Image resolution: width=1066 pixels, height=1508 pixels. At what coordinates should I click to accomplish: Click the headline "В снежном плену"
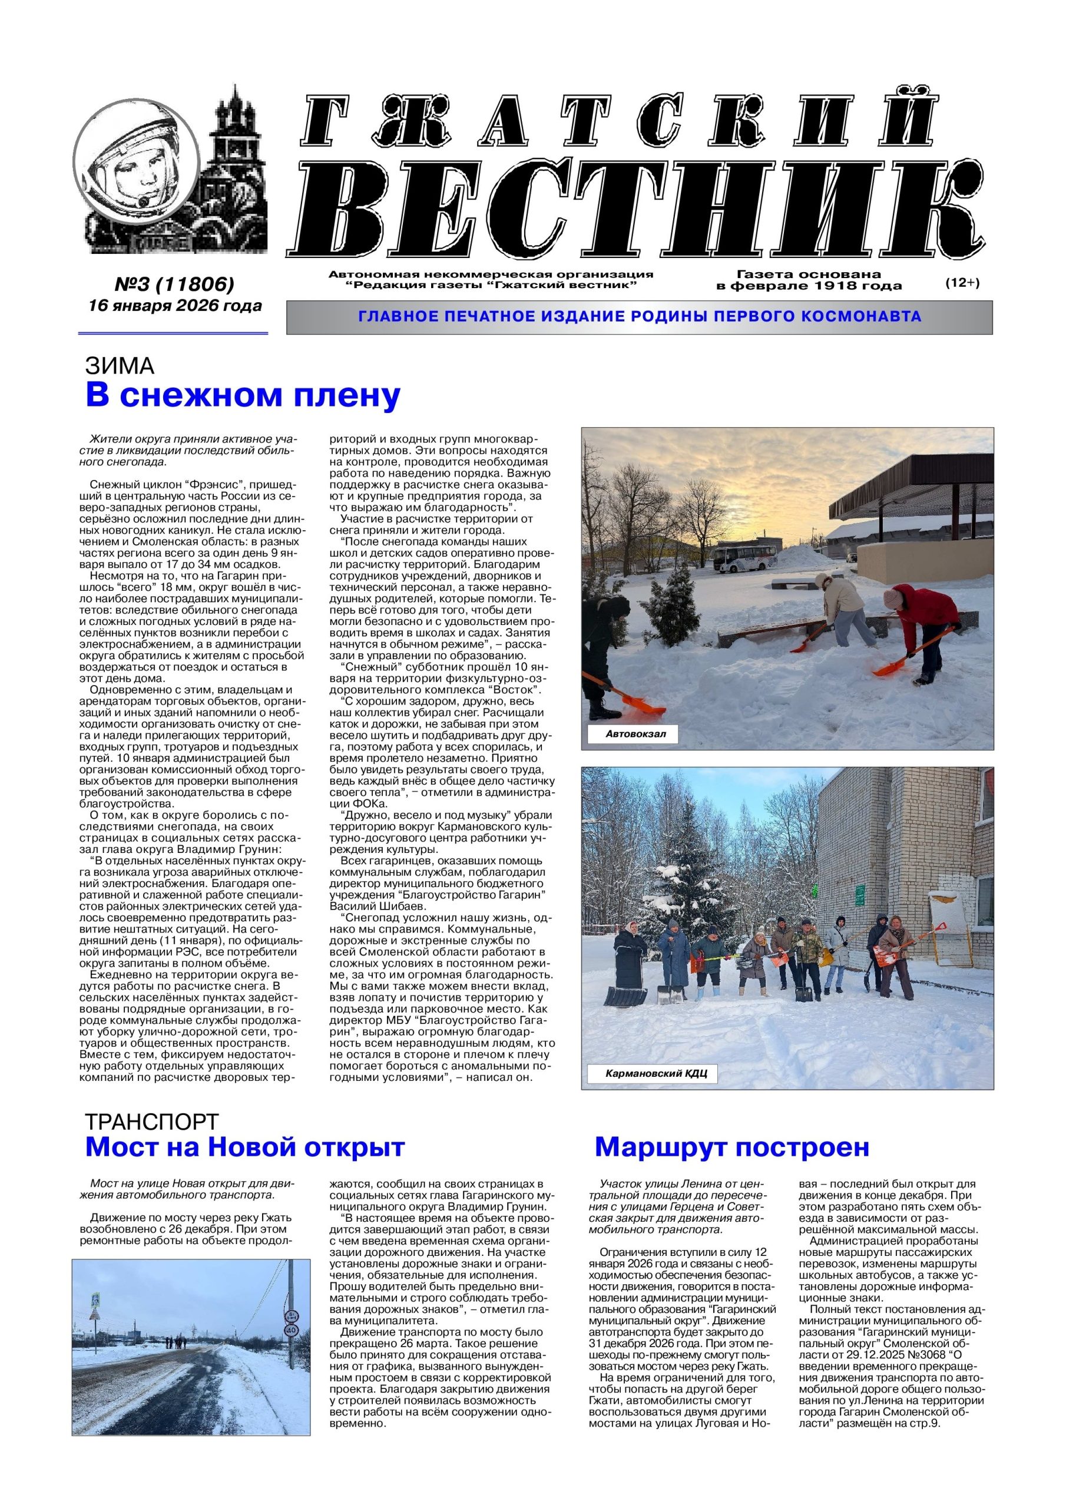pyautogui.click(x=243, y=396)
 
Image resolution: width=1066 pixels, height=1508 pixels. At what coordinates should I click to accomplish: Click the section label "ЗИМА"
pyautogui.click(x=119, y=366)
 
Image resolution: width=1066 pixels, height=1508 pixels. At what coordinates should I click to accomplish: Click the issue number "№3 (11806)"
pyautogui.click(x=175, y=285)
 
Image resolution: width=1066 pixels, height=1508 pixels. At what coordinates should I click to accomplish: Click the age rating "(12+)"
pyautogui.click(x=962, y=283)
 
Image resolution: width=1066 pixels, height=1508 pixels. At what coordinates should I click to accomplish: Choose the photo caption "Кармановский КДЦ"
pyautogui.click(x=656, y=1074)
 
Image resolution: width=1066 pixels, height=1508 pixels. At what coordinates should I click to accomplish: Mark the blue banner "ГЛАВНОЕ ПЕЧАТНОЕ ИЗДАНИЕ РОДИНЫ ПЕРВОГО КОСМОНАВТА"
pyautogui.click(x=639, y=318)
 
